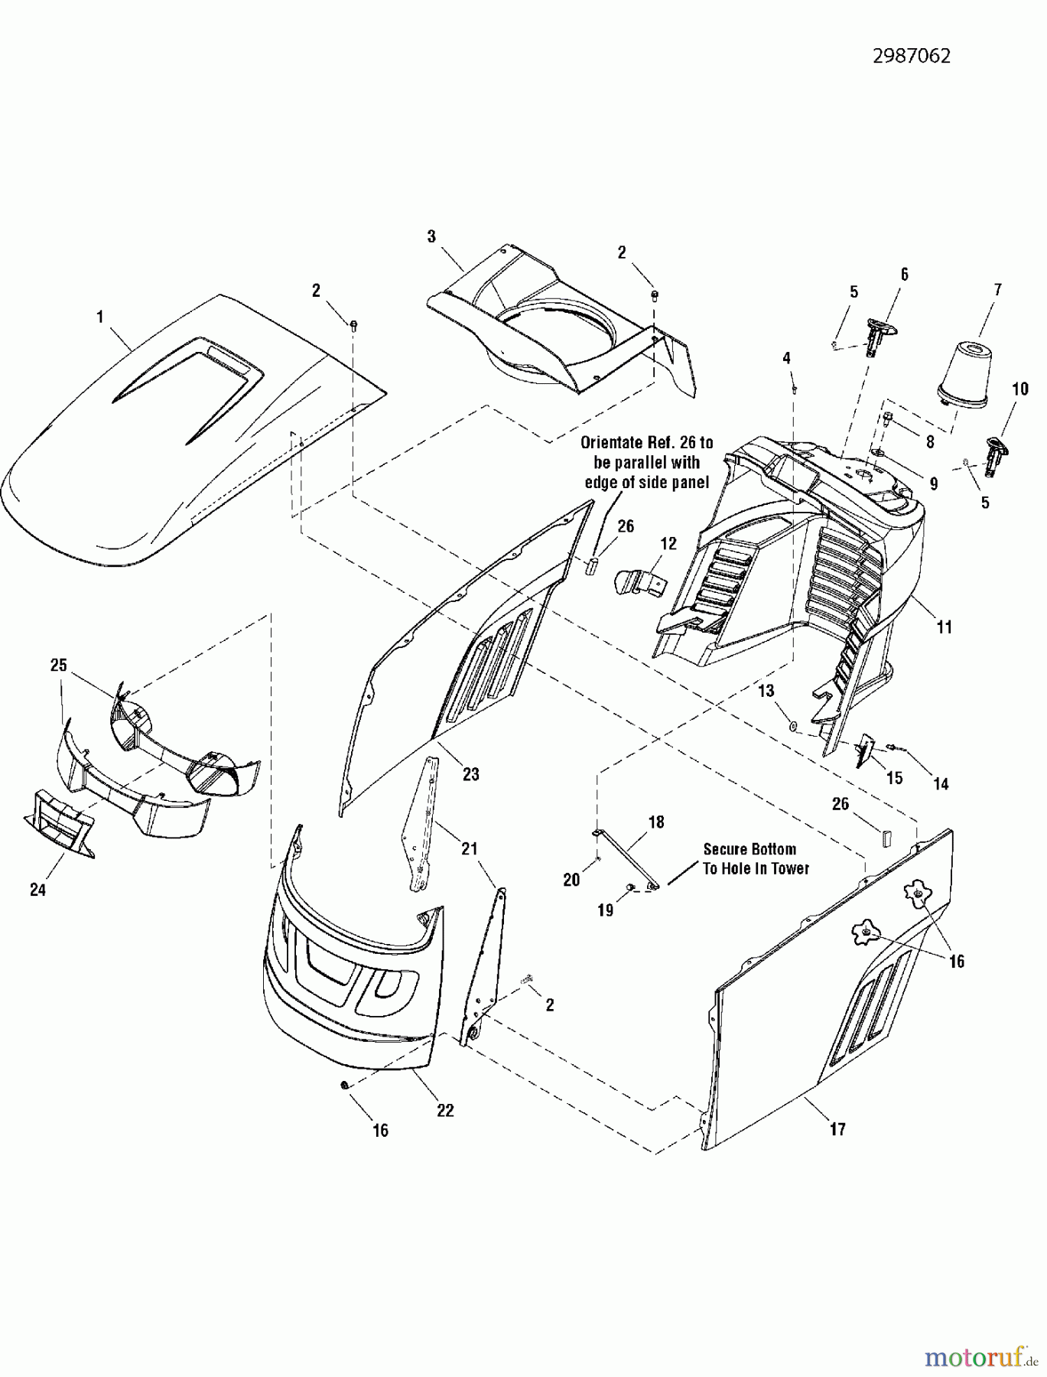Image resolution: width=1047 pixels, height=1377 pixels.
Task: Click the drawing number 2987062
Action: pyautogui.click(x=912, y=57)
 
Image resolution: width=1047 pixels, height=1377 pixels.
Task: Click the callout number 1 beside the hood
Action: pyautogui.click(x=100, y=316)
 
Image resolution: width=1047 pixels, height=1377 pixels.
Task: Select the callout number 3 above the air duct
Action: pyautogui.click(x=431, y=236)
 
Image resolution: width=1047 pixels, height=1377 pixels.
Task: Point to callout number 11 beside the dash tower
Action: pyautogui.click(x=945, y=627)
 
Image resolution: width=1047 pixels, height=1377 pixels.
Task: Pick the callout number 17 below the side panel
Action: pyautogui.click(x=837, y=1129)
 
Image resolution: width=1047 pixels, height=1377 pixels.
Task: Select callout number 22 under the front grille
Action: pyautogui.click(x=445, y=1110)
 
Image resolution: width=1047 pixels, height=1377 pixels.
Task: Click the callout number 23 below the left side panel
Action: pyautogui.click(x=471, y=774)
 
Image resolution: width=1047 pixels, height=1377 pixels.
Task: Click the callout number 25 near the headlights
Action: pyautogui.click(x=59, y=666)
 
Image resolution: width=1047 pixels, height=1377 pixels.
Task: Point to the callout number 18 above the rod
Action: pyautogui.click(x=655, y=822)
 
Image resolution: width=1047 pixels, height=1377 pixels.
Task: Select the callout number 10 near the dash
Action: pyautogui.click(x=1020, y=389)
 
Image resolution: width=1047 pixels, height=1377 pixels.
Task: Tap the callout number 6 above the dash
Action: pyautogui.click(x=904, y=275)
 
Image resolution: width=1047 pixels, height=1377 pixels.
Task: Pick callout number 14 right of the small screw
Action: pyautogui.click(x=941, y=783)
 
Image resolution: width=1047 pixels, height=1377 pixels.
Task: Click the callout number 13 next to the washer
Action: pyautogui.click(x=766, y=692)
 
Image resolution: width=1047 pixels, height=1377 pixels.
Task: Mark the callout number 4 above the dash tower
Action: pyautogui.click(x=786, y=358)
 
